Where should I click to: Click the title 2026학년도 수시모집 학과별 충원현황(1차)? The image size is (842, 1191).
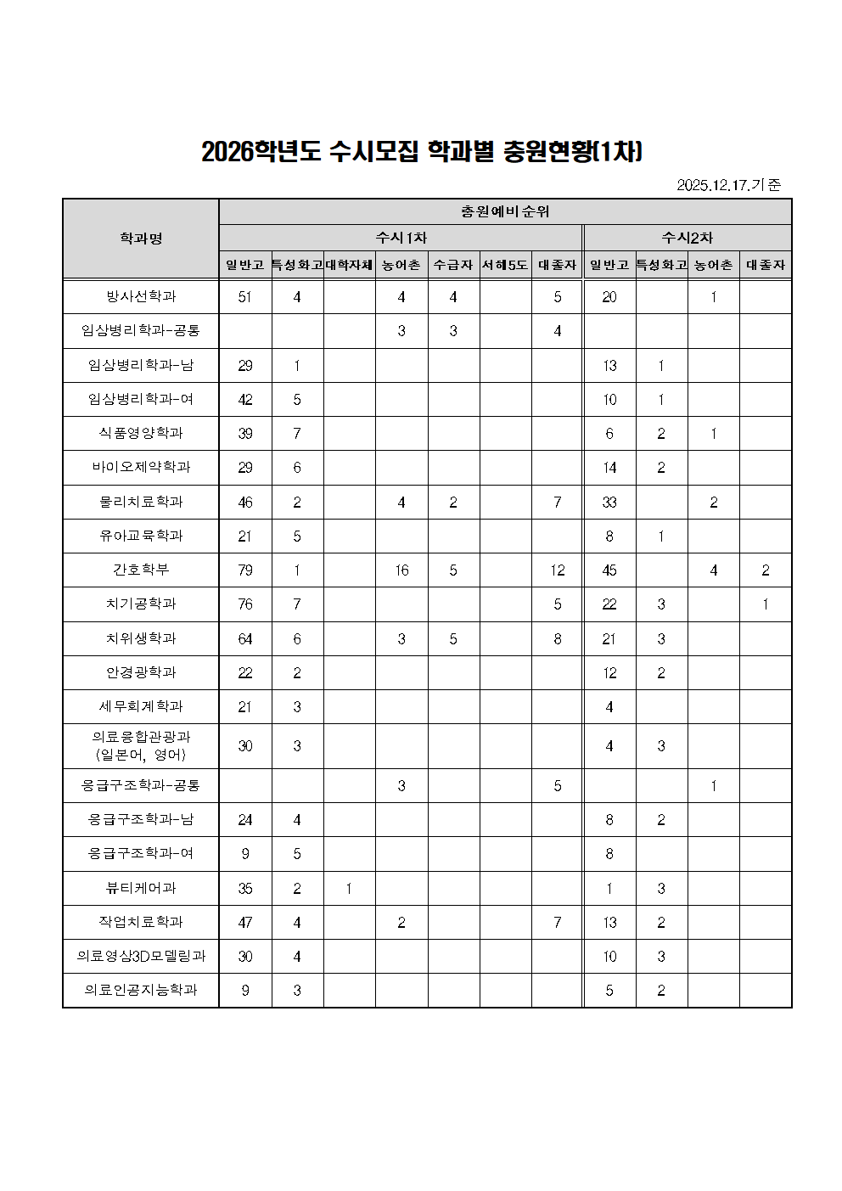pyautogui.click(x=421, y=151)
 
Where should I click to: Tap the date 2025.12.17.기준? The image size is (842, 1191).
pyautogui.click(x=728, y=184)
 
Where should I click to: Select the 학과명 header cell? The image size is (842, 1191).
pyautogui.click(x=141, y=239)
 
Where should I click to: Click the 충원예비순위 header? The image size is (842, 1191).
pyautogui.click(x=505, y=211)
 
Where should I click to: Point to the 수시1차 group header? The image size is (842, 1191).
pyautogui.click(x=401, y=238)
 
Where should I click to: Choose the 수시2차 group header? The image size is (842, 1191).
pyautogui.click(x=687, y=238)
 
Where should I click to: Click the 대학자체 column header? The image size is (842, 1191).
pyautogui.click(x=349, y=265)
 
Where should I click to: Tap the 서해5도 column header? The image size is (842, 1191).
pyautogui.click(x=505, y=265)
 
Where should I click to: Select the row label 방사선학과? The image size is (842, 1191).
pyautogui.click(x=141, y=296)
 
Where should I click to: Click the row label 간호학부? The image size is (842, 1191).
pyautogui.click(x=141, y=570)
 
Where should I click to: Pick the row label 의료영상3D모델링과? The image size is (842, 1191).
pyautogui.click(x=141, y=956)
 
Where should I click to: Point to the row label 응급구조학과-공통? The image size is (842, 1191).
pyautogui.click(x=141, y=785)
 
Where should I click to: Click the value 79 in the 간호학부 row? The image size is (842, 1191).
pyautogui.click(x=245, y=570)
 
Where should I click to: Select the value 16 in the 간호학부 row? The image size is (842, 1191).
pyautogui.click(x=401, y=570)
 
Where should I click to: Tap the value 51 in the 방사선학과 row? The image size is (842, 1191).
pyautogui.click(x=245, y=297)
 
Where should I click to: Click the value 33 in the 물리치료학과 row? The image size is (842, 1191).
pyautogui.click(x=609, y=503)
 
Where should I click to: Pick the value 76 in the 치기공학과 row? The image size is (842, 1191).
pyautogui.click(x=245, y=604)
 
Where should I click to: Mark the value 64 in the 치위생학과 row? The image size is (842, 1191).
pyautogui.click(x=245, y=638)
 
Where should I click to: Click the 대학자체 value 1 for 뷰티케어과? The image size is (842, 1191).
pyautogui.click(x=349, y=889)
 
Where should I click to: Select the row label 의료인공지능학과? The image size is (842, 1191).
pyautogui.click(x=141, y=990)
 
